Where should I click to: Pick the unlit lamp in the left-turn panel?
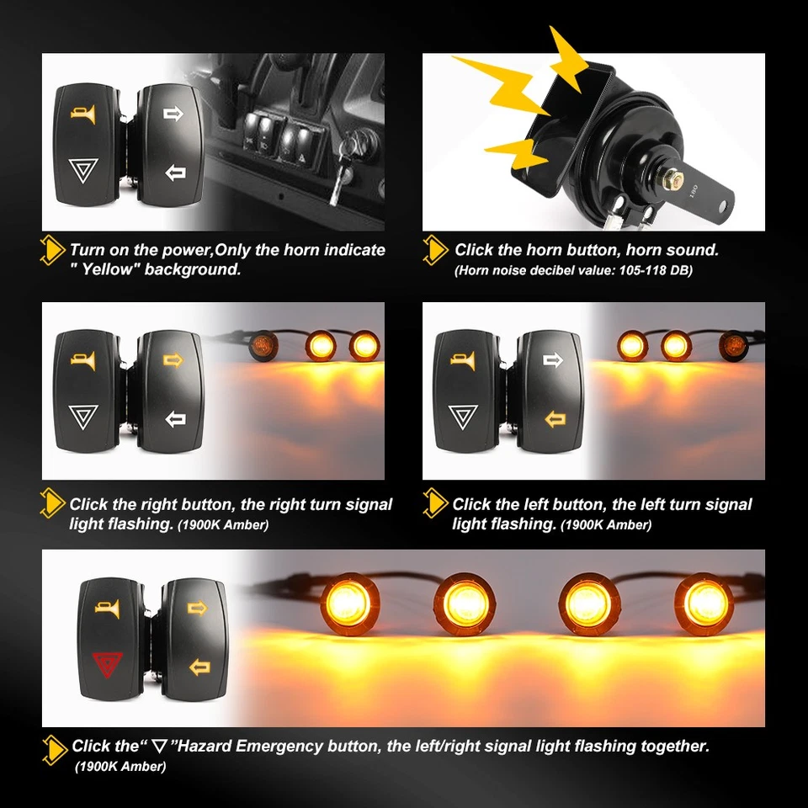tap(732, 345)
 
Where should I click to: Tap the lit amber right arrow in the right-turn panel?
tap(173, 361)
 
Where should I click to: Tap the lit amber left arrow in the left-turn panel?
tap(554, 418)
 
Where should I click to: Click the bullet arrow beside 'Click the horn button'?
tap(435, 250)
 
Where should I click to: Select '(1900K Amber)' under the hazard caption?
tap(120, 766)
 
